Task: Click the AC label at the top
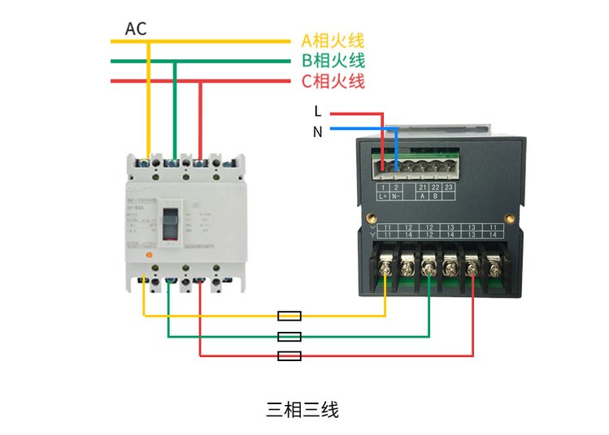coord(136,29)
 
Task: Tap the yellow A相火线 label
coord(333,40)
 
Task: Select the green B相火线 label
coord(333,60)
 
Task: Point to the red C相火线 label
coord(333,80)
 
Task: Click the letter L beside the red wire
coord(317,111)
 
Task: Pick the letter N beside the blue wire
coord(317,131)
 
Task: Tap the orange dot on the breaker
coord(149,255)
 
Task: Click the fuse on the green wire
coord(289,336)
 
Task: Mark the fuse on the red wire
coord(289,355)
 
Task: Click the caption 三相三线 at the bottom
coord(302,410)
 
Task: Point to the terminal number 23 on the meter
coord(448,187)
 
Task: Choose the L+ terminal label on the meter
coord(383,196)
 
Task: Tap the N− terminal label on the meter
coord(397,196)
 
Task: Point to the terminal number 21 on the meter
coord(421,187)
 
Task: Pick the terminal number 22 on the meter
coord(435,187)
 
